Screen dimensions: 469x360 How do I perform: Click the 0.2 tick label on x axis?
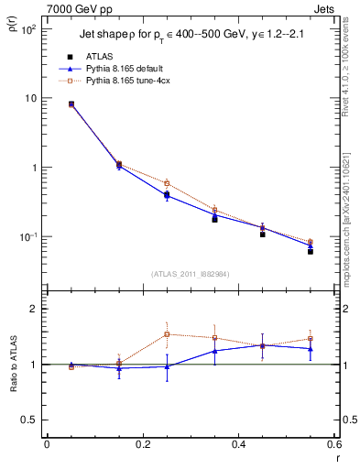pos(142,445)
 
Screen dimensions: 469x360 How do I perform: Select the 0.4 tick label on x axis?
pos(238,445)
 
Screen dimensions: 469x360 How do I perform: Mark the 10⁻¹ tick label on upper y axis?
pos(27,237)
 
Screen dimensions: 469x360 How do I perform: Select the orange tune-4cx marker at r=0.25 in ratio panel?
pos(167,333)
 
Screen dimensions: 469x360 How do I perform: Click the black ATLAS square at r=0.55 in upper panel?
pos(311,251)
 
